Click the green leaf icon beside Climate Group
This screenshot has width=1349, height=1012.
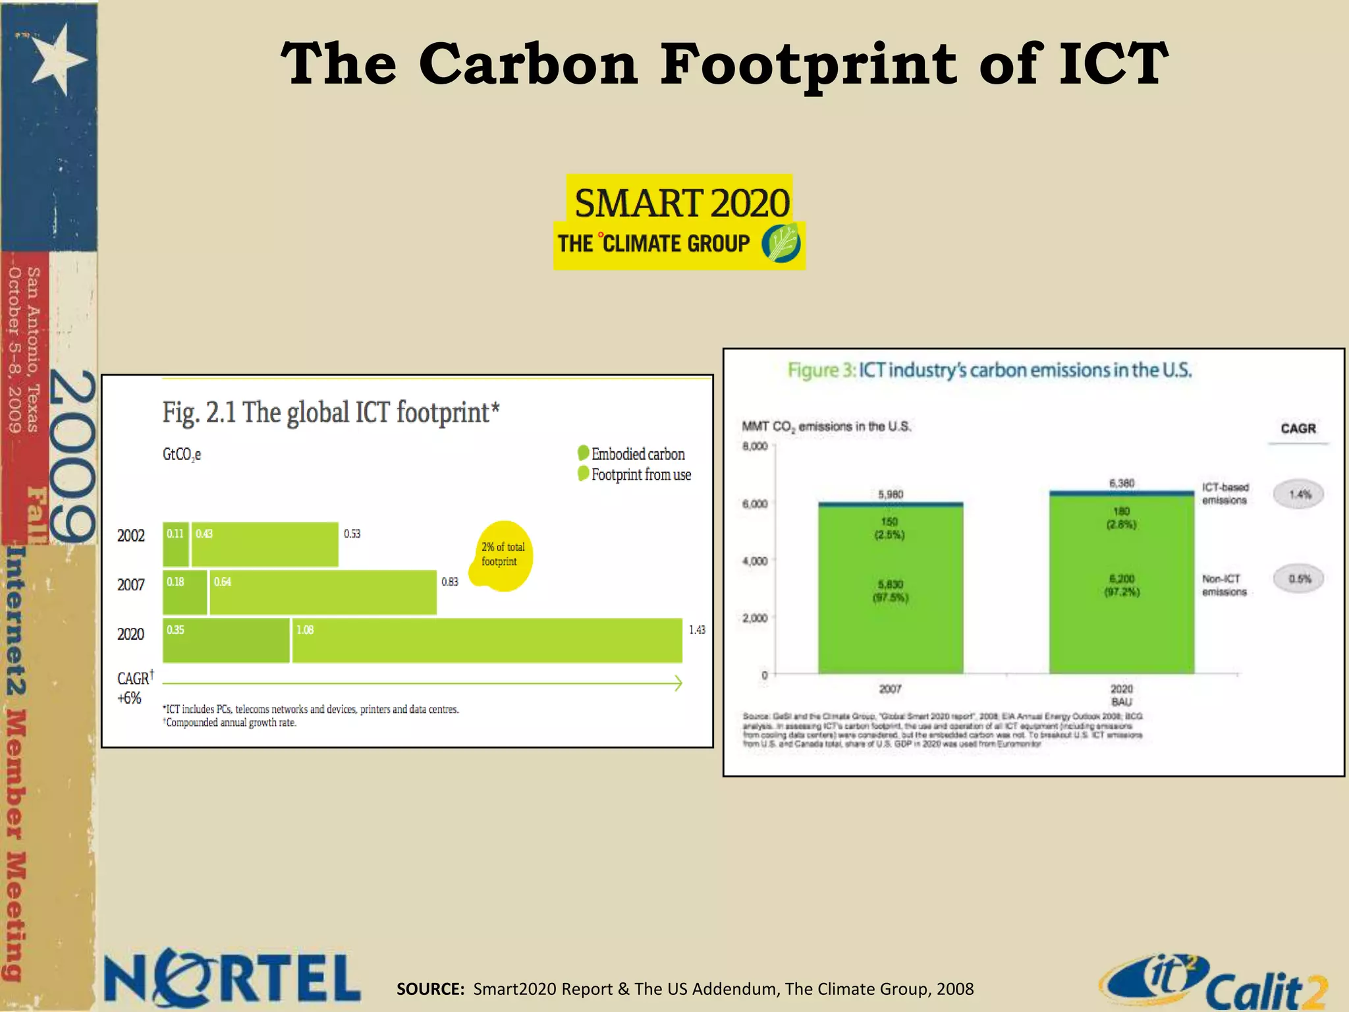781,243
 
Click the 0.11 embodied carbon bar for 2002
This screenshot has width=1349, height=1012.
176,544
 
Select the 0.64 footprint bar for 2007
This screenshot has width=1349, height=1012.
323,592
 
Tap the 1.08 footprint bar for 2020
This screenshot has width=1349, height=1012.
487,640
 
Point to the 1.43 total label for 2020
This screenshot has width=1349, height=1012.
697,630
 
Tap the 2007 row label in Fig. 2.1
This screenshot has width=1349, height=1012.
130,584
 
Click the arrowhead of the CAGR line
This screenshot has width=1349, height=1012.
678,683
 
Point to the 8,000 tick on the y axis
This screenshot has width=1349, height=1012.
755,446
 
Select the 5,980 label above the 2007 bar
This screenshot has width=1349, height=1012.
891,494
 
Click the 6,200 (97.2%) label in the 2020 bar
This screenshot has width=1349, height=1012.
1122,585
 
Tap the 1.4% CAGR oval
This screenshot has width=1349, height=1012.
1298,494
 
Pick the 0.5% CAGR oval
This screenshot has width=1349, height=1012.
1298,579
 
